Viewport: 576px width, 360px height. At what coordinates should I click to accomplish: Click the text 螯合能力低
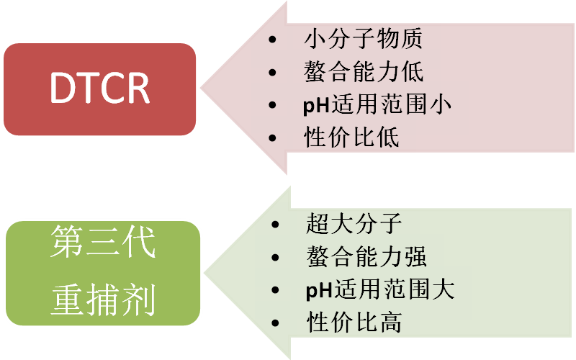pyautogui.click(x=363, y=72)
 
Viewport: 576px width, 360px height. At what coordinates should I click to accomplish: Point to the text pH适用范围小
pyautogui.click(x=377, y=104)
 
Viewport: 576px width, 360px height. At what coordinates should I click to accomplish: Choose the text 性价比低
pyautogui.click(x=351, y=137)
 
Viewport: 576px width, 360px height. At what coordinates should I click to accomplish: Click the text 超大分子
pyautogui.click(x=353, y=224)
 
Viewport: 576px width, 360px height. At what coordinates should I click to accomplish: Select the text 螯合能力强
pyautogui.click(x=366, y=256)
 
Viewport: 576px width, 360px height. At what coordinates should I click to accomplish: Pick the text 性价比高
pyautogui.click(x=354, y=322)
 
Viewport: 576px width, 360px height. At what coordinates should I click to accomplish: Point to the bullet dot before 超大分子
pyautogui.click(x=274, y=225)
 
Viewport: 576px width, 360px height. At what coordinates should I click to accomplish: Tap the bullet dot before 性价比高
pyautogui.click(x=274, y=323)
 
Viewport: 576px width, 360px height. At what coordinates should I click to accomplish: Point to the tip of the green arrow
pyautogui.click(x=204, y=273)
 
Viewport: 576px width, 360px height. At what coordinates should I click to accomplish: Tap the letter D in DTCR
pyautogui.click(x=61, y=89)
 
